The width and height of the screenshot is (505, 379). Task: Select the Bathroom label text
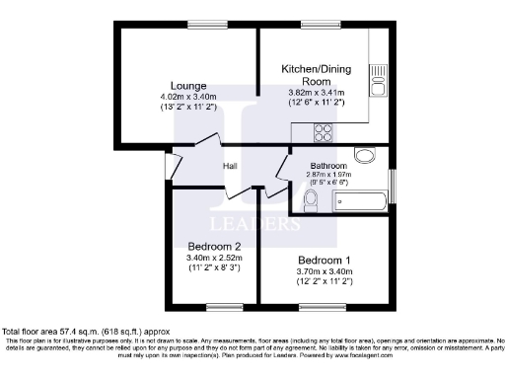pos(328,165)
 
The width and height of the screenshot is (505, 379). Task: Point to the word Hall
pos(231,166)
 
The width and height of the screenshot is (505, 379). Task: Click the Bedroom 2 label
pos(214,246)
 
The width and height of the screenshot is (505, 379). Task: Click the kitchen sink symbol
pos(378,78)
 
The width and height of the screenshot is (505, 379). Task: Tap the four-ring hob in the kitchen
pos(323,130)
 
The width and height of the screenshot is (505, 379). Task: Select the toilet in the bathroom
pos(310,200)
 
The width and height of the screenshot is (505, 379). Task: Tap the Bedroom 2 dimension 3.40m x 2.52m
pos(214,257)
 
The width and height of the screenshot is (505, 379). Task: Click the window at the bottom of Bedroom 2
pos(211,303)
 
